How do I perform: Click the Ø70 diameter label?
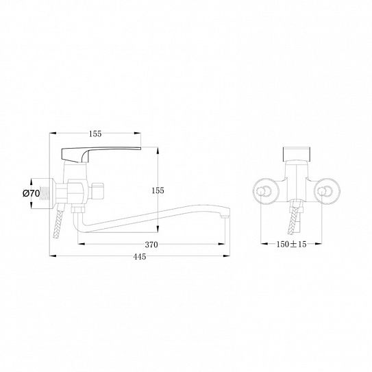coord(31,194)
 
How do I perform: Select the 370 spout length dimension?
coord(151,245)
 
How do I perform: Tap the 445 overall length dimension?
coord(140,256)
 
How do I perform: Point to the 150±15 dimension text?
coord(291,244)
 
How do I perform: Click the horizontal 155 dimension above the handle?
coord(95,134)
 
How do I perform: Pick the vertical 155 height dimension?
coord(158,190)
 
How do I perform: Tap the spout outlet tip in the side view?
coord(224,216)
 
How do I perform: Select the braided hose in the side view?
coord(58,224)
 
